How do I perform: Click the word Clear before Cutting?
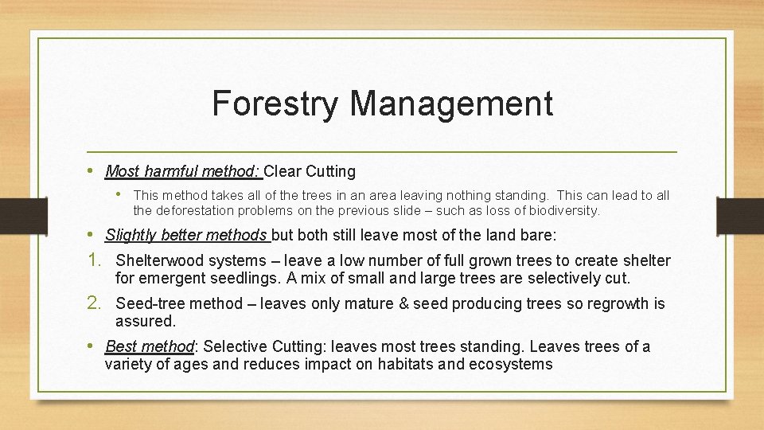pyautogui.click(x=283, y=171)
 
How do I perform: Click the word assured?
pyautogui.click(x=144, y=321)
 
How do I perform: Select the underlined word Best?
pyautogui.click(x=121, y=346)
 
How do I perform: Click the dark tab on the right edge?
pyautogui.click(x=740, y=215)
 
